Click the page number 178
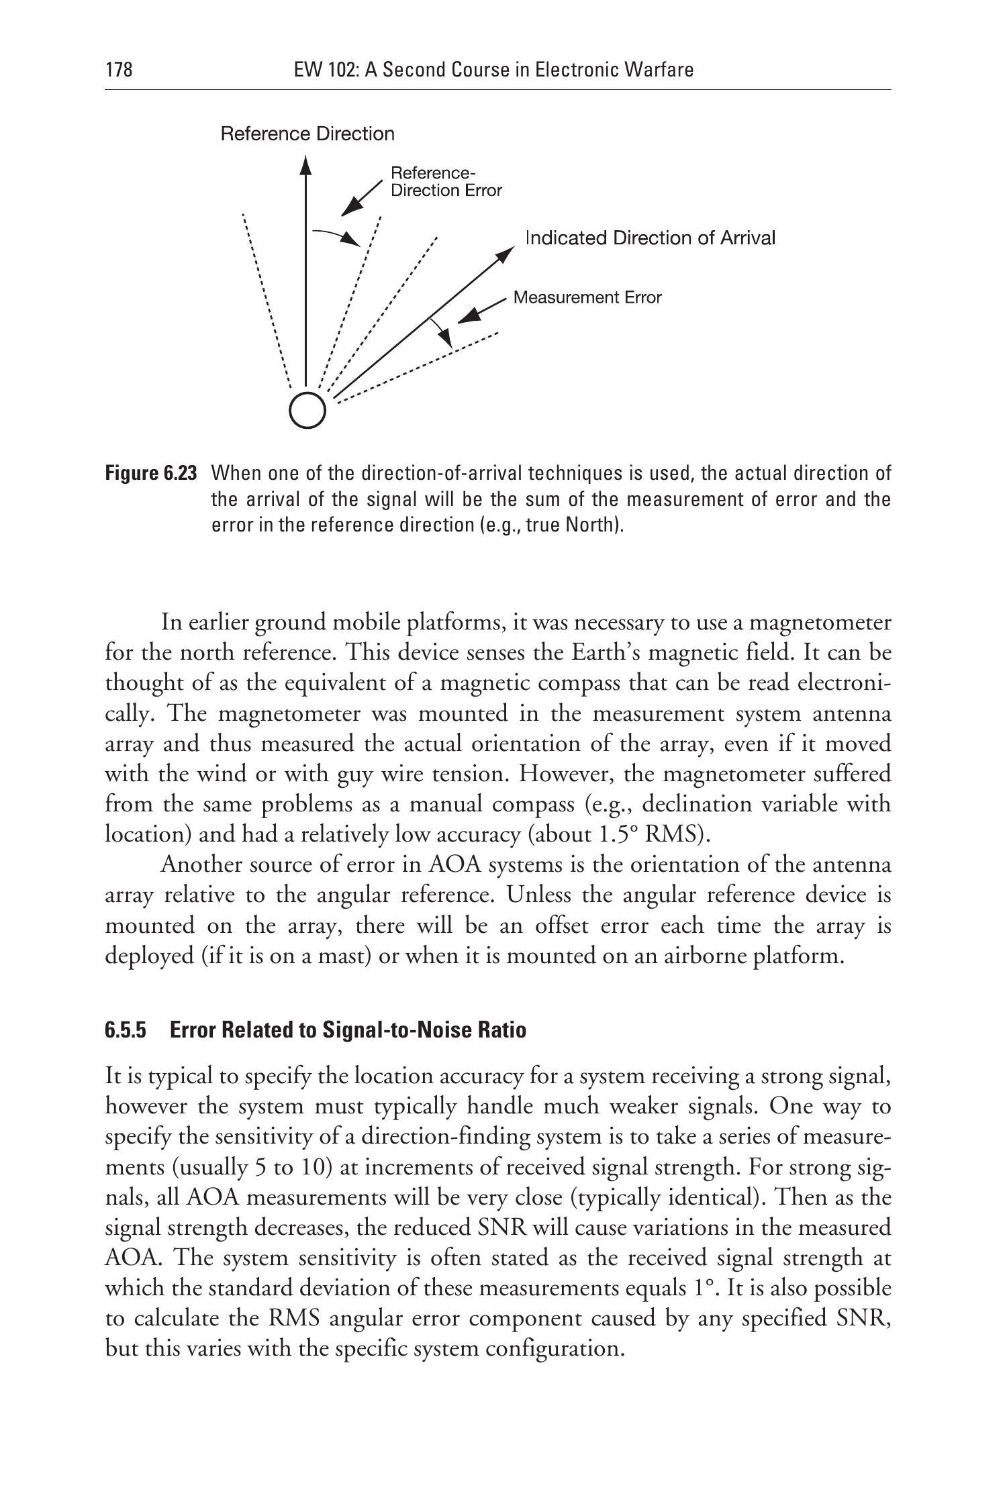(x=119, y=70)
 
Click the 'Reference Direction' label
(x=307, y=134)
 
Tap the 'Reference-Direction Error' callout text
(x=446, y=182)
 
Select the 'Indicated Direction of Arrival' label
(x=650, y=238)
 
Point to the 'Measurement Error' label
(x=587, y=297)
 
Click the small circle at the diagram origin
(x=307, y=409)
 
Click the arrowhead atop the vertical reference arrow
(x=305, y=165)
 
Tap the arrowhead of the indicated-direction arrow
(x=506, y=254)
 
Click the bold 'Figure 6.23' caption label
(x=151, y=474)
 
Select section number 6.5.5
(x=126, y=1030)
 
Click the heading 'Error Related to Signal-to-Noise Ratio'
(x=348, y=1030)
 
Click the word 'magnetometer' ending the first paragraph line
(x=820, y=623)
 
